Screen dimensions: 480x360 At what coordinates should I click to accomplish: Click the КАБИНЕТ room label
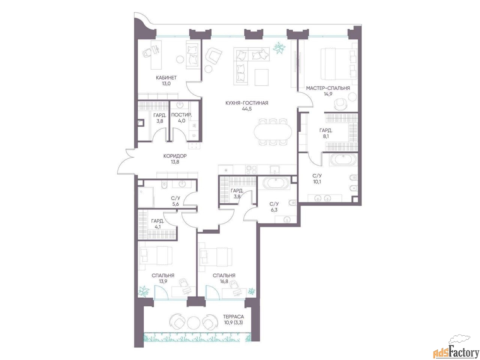(166, 78)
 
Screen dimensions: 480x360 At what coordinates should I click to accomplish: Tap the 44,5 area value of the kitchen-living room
(247, 109)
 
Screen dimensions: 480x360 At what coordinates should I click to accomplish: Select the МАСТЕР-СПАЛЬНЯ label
(328, 88)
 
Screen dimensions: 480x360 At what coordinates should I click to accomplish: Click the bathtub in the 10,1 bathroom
(343, 159)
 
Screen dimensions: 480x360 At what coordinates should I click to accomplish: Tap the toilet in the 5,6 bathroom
(164, 185)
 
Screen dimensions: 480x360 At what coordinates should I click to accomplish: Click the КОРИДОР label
(175, 156)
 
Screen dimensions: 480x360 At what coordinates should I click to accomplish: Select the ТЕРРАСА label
(233, 316)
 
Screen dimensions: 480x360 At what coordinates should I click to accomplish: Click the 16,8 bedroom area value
(224, 281)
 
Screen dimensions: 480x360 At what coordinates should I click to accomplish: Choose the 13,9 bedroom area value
(163, 281)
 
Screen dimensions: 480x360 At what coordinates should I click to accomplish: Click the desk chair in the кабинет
(147, 53)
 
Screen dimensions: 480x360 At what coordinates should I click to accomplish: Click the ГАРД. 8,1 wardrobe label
(326, 133)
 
